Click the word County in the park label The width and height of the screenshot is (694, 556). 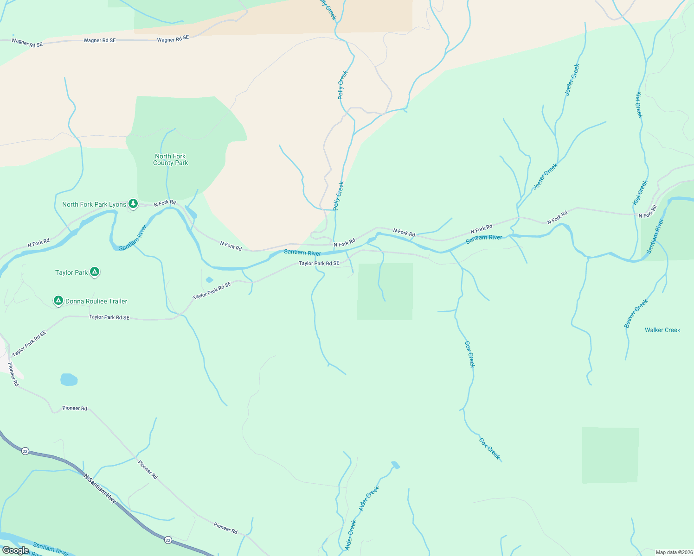click(x=163, y=163)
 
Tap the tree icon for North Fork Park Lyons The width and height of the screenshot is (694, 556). click(x=133, y=203)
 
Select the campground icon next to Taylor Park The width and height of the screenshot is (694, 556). click(x=95, y=272)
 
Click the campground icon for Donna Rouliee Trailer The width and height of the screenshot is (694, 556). click(x=58, y=301)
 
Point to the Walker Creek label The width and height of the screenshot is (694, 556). click(x=662, y=330)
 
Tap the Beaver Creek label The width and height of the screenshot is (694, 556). click(x=636, y=314)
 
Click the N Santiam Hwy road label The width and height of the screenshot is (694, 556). click(x=100, y=488)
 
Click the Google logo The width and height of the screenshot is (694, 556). click(x=15, y=550)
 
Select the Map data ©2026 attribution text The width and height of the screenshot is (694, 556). click(x=673, y=552)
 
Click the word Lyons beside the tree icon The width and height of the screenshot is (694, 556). click(x=118, y=204)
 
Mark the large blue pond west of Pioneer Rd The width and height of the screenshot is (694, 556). click(x=69, y=380)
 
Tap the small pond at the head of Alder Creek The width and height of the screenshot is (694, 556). click(x=395, y=464)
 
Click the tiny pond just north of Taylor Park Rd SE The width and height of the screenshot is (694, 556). click(x=209, y=280)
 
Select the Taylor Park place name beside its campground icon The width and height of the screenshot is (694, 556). click(x=71, y=272)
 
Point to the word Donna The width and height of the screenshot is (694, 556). click(x=74, y=301)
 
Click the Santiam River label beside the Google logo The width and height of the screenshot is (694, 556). click(x=51, y=550)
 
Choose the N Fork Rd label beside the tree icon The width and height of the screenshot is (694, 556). click(x=165, y=203)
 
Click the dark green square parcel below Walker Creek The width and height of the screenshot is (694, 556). click(x=610, y=455)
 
